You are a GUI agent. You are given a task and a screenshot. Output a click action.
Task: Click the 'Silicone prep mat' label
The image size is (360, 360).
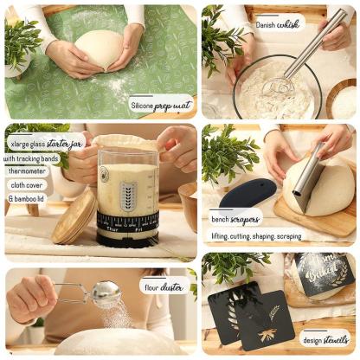tap(160, 106)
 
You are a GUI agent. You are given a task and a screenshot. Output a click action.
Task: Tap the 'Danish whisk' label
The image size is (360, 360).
tap(277, 25)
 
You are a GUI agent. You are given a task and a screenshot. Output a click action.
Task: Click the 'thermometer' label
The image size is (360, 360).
tap(29, 171)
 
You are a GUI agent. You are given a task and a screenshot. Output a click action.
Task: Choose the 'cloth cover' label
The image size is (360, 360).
tap(28, 183)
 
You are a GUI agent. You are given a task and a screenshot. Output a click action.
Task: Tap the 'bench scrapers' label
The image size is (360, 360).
tap(235, 220)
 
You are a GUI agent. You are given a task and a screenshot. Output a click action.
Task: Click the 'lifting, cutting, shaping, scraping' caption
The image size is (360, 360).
tap(256, 235)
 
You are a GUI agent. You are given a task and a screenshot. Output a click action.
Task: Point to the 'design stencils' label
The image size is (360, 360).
tap(325, 340)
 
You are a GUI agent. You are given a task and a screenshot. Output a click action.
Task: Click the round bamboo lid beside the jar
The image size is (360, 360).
tap(73, 216)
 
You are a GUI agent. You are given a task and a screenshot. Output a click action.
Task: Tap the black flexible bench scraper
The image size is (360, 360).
tap(247, 192)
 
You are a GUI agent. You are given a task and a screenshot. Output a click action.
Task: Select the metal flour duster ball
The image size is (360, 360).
tap(106, 294)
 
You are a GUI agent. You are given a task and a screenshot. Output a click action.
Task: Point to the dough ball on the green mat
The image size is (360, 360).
tap(102, 50)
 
